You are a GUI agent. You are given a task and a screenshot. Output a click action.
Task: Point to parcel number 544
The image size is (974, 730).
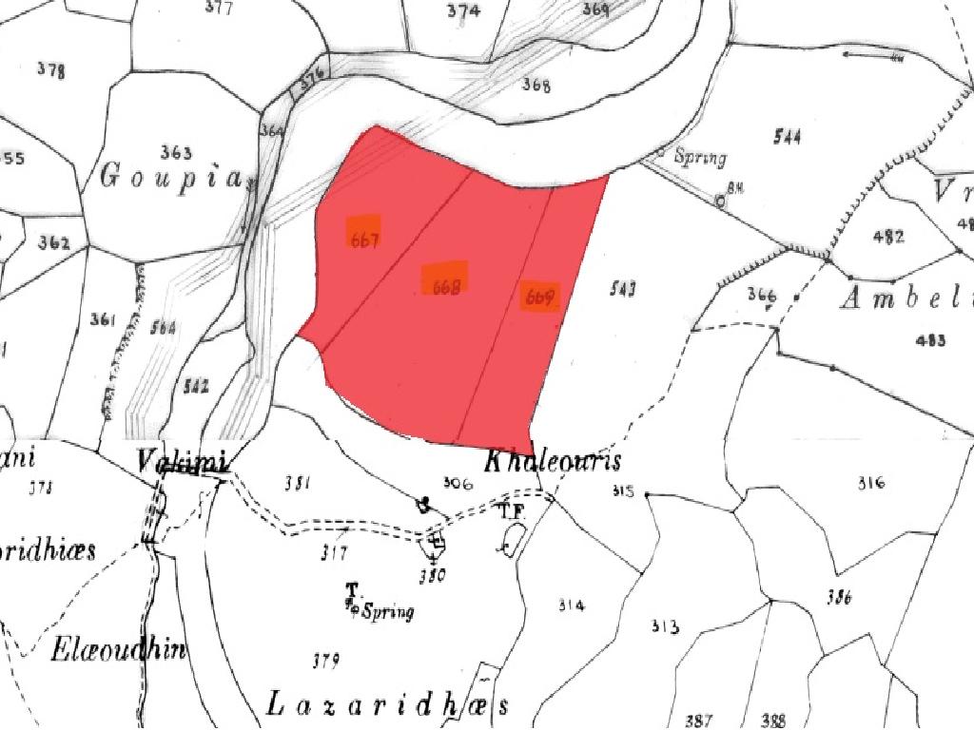pyautogui.click(x=787, y=138)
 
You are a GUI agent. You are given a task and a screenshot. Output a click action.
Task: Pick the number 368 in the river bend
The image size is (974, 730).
pyautogui.click(x=536, y=86)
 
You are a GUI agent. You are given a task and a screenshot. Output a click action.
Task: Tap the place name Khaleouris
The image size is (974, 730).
pyautogui.click(x=553, y=462)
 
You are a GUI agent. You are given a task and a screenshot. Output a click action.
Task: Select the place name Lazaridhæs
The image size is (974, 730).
pyautogui.click(x=387, y=705)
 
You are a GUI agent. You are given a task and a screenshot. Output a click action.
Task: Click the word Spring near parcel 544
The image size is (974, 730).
pyautogui.click(x=700, y=158)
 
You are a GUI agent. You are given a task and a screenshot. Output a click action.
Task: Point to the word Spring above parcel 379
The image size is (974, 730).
pyautogui.click(x=389, y=611)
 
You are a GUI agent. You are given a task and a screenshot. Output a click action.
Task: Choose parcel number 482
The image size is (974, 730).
pyautogui.click(x=887, y=237)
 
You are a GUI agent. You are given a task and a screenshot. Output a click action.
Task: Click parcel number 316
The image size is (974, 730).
pyautogui.click(x=870, y=483)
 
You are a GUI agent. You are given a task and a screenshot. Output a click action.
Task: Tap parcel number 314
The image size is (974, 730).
pyautogui.click(x=572, y=605)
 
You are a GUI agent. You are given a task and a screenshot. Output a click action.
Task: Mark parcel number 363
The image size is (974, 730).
pyautogui.click(x=176, y=152)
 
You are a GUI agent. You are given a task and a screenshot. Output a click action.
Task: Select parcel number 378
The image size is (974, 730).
pyautogui.click(x=50, y=70)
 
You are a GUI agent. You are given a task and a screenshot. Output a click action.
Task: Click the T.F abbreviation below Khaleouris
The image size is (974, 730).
pyautogui.click(x=513, y=510)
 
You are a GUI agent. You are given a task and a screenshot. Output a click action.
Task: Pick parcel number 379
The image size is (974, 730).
pyautogui.click(x=326, y=660)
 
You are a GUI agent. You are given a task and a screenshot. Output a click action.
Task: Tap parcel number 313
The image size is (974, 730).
pyautogui.click(x=665, y=626)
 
